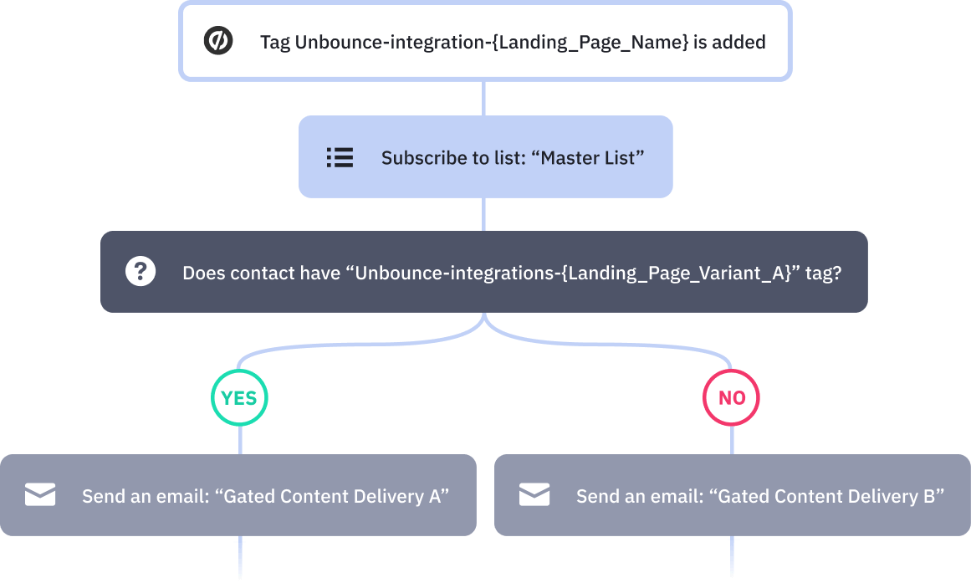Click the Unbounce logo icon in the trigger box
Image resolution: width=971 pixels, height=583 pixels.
tap(218, 41)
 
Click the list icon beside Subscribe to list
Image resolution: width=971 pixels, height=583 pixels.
tap(340, 157)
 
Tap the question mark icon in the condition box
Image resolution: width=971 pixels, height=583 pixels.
tap(141, 272)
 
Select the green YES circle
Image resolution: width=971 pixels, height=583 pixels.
tap(239, 398)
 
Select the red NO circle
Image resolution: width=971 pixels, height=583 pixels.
tap(732, 398)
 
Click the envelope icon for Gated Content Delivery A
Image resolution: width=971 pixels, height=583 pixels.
tap(40, 495)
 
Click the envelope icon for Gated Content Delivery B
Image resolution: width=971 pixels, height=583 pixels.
tap(534, 495)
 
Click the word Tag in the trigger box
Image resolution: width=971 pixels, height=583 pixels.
tap(275, 42)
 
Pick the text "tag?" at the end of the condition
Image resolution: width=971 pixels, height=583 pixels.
tap(823, 273)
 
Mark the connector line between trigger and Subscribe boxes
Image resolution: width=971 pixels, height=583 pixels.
tap(484, 99)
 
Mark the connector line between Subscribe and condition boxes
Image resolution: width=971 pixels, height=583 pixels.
tap(484, 214)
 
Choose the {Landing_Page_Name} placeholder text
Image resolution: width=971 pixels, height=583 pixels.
tap(589, 42)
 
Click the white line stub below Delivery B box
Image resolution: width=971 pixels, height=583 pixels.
tap(733, 559)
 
